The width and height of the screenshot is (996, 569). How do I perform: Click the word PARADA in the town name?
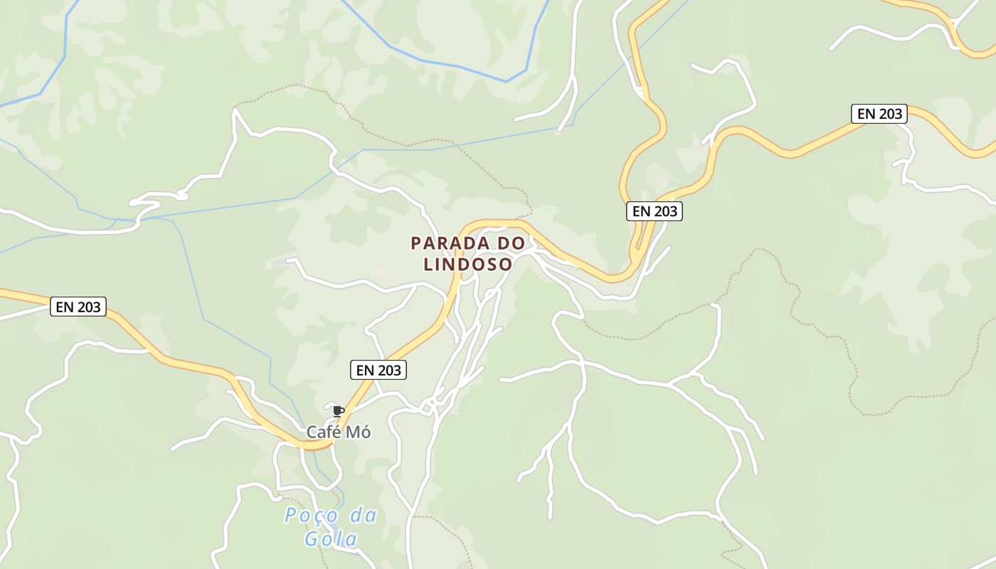pyautogui.click(x=448, y=243)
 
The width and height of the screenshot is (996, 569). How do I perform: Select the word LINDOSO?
pyautogui.click(x=467, y=265)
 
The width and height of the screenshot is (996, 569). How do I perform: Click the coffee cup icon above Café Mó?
pyautogui.click(x=339, y=411)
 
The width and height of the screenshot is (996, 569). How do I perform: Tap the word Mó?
pyautogui.click(x=359, y=432)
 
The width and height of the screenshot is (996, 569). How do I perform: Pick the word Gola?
pyautogui.click(x=331, y=539)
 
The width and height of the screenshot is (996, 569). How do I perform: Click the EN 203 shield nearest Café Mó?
pyautogui.click(x=378, y=370)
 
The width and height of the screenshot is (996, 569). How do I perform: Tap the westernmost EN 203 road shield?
pyautogui.click(x=79, y=307)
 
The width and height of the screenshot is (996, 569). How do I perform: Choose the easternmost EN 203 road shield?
pyautogui.click(x=879, y=114)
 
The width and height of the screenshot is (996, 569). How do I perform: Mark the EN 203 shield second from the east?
pyautogui.click(x=655, y=211)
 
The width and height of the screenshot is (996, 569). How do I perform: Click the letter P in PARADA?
pyautogui.click(x=416, y=243)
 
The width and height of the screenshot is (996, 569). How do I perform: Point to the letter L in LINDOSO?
pyautogui.click(x=428, y=265)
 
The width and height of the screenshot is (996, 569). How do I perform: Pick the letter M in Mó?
pyautogui.click(x=354, y=432)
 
